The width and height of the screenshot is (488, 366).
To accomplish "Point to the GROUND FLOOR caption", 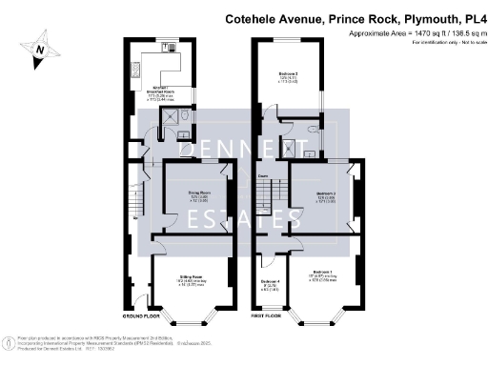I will pyautogui.click(x=141, y=315).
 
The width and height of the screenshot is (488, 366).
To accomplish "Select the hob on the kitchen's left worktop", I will pyautogui.click(x=134, y=70).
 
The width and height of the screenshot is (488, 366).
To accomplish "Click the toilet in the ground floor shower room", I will pyautogui.click(x=185, y=135).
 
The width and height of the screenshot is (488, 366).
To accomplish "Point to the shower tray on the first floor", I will pyautogui.click(x=309, y=149).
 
